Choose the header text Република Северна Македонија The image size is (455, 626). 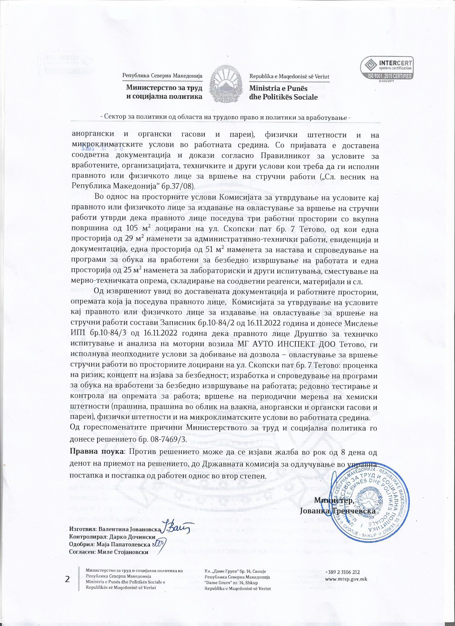[162, 76]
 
